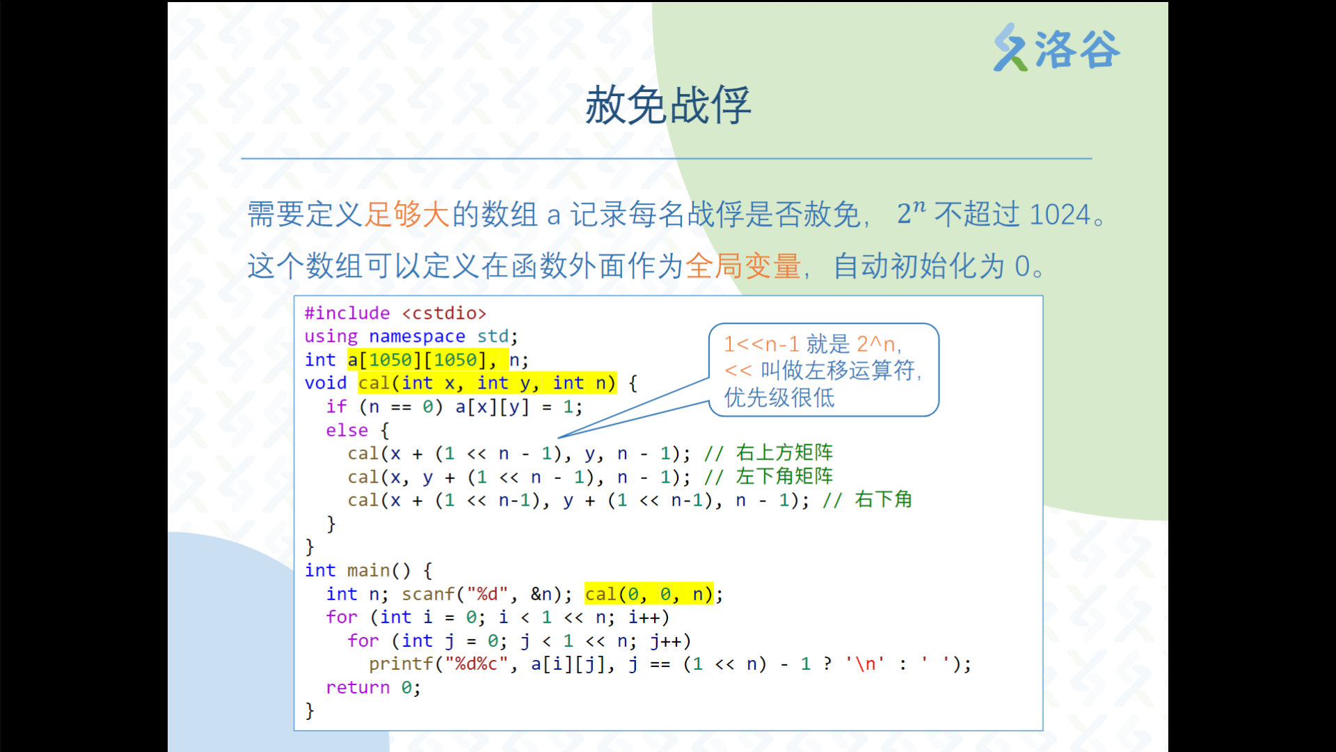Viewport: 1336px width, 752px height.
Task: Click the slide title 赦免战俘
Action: (x=668, y=105)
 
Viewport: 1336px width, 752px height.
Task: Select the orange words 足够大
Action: (x=408, y=214)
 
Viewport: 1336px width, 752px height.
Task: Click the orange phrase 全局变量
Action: (x=743, y=265)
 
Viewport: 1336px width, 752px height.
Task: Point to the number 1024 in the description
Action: (x=1059, y=214)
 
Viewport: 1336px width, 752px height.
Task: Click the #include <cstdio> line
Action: (x=395, y=313)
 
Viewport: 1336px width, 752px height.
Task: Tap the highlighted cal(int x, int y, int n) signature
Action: (x=487, y=383)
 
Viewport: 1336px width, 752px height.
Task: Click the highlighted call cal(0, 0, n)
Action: (x=649, y=594)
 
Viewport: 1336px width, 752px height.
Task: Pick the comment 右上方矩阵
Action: (x=784, y=453)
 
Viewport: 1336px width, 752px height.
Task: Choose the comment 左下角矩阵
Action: (x=784, y=476)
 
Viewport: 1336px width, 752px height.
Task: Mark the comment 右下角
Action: (x=883, y=499)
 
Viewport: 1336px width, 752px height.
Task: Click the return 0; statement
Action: (x=373, y=687)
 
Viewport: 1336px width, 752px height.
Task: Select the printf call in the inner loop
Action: (x=670, y=664)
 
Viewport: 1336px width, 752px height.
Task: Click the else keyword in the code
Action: (x=347, y=430)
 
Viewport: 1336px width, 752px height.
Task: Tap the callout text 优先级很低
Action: (x=779, y=398)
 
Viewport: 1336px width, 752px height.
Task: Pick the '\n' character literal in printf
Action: (x=865, y=664)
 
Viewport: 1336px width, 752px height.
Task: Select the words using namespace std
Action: (x=407, y=336)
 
